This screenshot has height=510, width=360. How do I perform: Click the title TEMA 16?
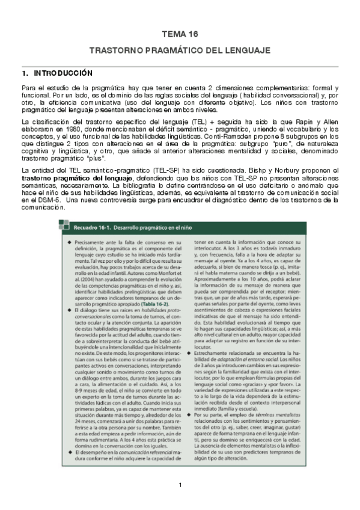point(180,35)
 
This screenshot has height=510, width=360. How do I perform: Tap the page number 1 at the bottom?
point(180,485)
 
